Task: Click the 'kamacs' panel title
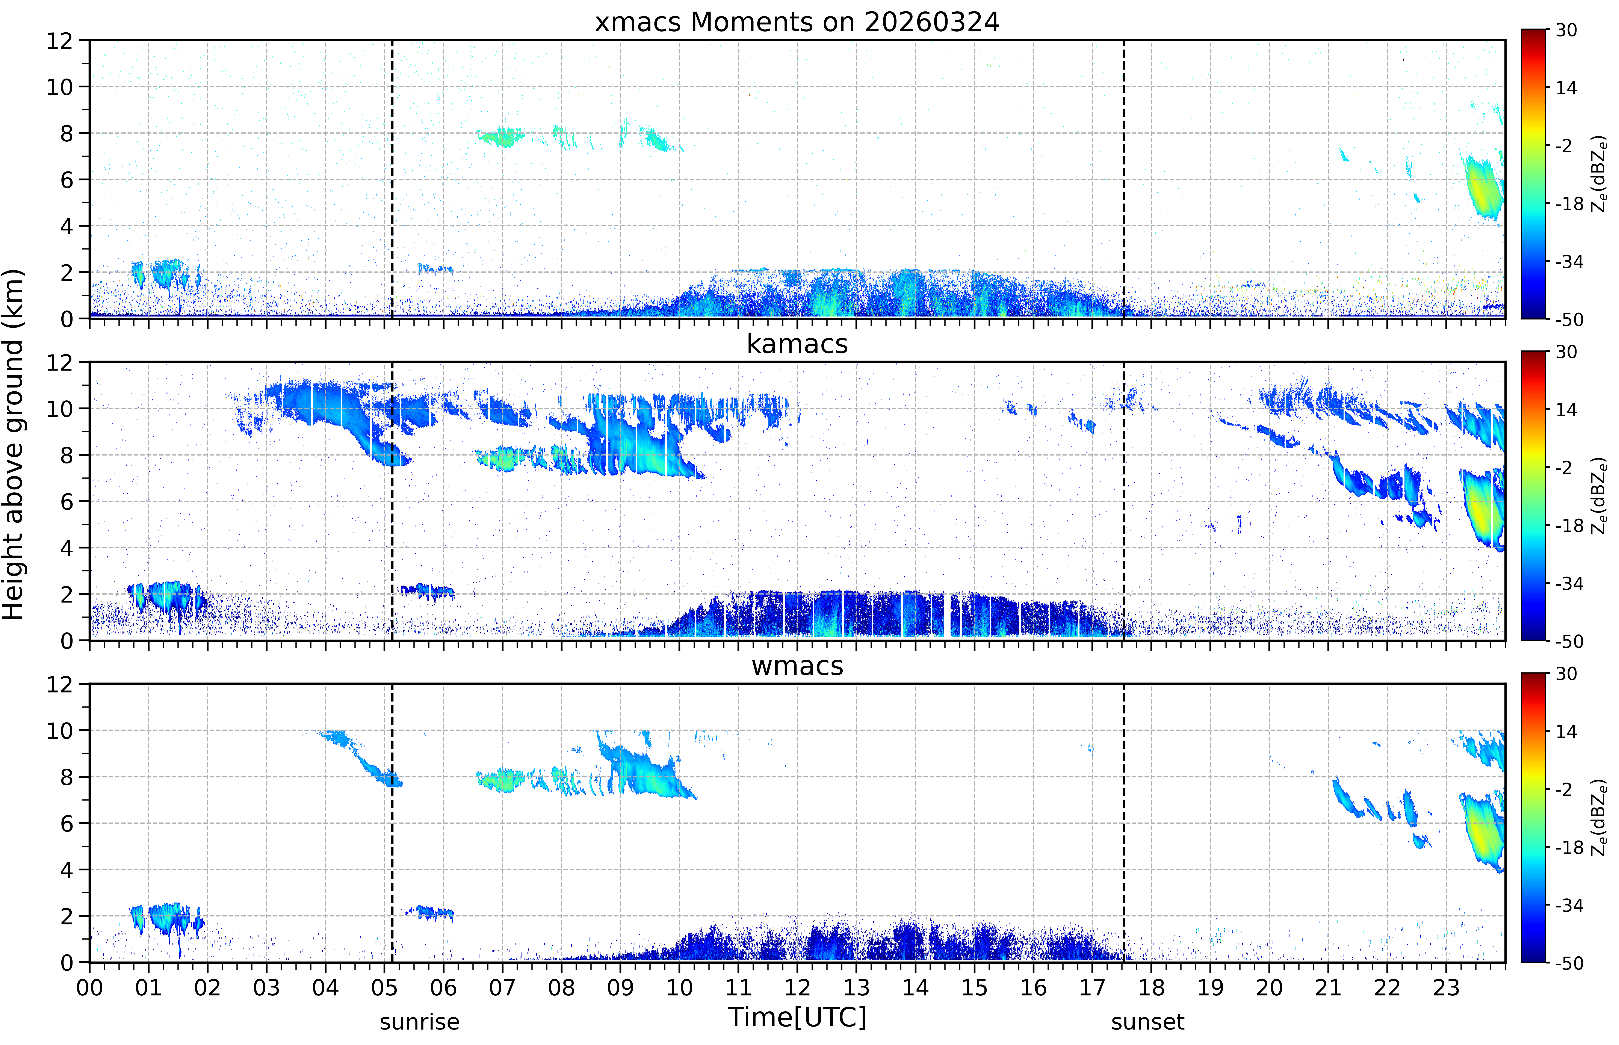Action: pos(797,344)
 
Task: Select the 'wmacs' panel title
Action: pos(797,666)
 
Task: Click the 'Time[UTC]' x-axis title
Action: pos(797,1017)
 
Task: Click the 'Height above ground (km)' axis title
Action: pos(14,444)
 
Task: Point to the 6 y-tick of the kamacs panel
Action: pos(67,501)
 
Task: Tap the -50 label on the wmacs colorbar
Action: pos(1569,963)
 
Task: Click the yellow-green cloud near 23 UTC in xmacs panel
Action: pos(1483,187)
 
